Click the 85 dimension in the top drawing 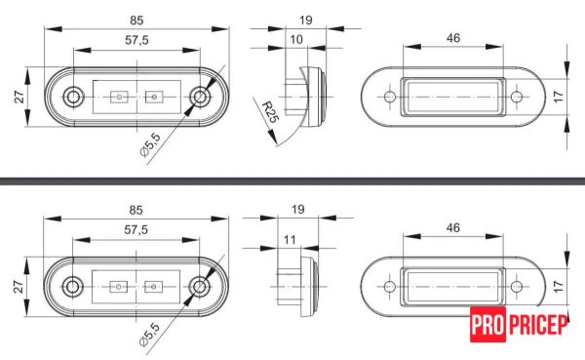[x=136, y=18]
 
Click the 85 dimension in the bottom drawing [x=136, y=209]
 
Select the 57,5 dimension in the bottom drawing [x=136, y=230]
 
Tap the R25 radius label [x=271, y=117]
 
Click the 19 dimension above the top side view [x=304, y=18]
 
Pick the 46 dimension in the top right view [x=453, y=38]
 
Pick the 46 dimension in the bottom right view [x=453, y=228]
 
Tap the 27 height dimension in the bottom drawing [x=19, y=287]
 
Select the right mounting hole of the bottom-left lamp [x=200, y=287]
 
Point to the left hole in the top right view [x=389, y=99]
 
